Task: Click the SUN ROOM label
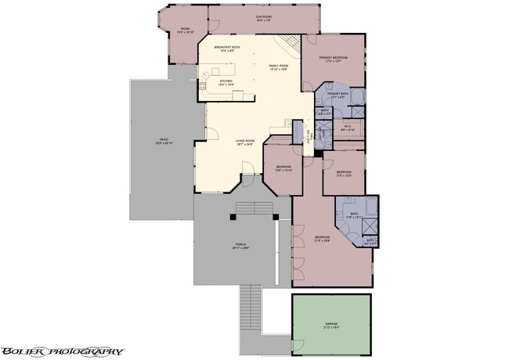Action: coord(262,16)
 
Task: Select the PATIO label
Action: coord(162,139)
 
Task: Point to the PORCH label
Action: coord(240,245)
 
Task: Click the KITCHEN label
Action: coord(226,81)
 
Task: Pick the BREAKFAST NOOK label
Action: coord(227,47)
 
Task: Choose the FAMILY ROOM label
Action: coord(279,66)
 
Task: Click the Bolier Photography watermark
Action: coord(62,351)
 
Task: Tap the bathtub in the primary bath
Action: coord(356,97)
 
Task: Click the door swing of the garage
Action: coord(298,345)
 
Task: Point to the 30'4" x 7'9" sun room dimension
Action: coord(262,20)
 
